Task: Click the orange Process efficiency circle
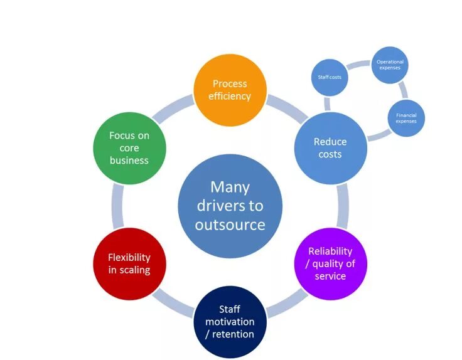pos(230,90)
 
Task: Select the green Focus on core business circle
pos(129,147)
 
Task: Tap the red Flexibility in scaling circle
pos(129,263)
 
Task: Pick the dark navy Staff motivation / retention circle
pos(230,321)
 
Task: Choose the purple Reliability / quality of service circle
pos(330,263)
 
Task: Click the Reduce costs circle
pos(330,148)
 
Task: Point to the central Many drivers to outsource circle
pos(230,206)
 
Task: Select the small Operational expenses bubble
pos(390,65)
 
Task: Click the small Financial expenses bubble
pos(406,117)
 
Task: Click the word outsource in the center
pos(230,225)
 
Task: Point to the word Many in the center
pos(230,187)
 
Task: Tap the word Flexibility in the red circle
pos(129,257)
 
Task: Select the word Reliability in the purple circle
pos(330,251)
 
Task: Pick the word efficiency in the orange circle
pos(230,96)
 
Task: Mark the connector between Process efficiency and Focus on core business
pos(178,108)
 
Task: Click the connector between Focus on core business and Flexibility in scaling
pos(117,206)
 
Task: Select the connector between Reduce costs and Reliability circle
pos(343,206)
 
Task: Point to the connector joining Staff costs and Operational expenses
pos(358,64)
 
